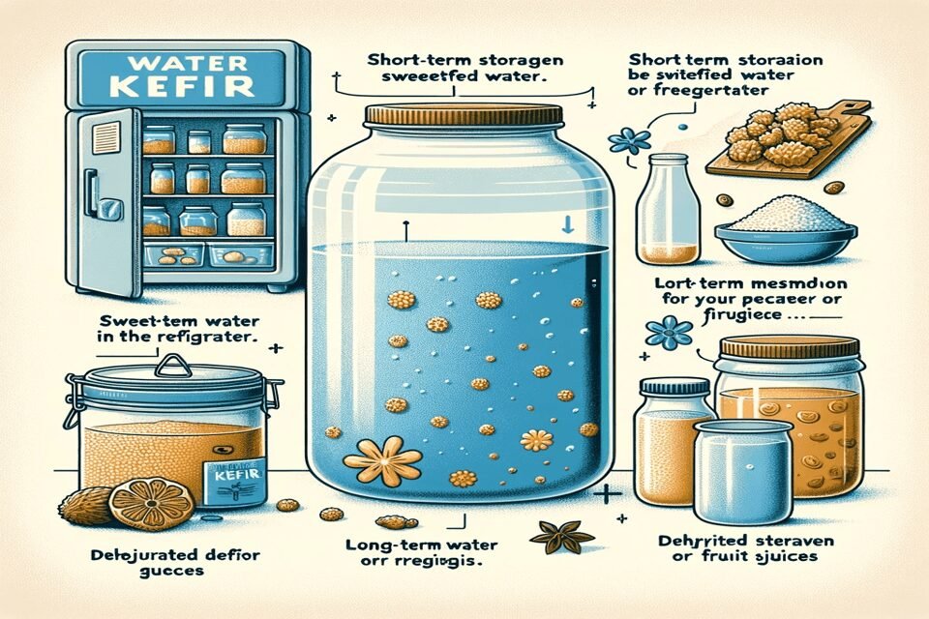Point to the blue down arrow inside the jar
[x=569, y=224]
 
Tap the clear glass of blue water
[x=742, y=469]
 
